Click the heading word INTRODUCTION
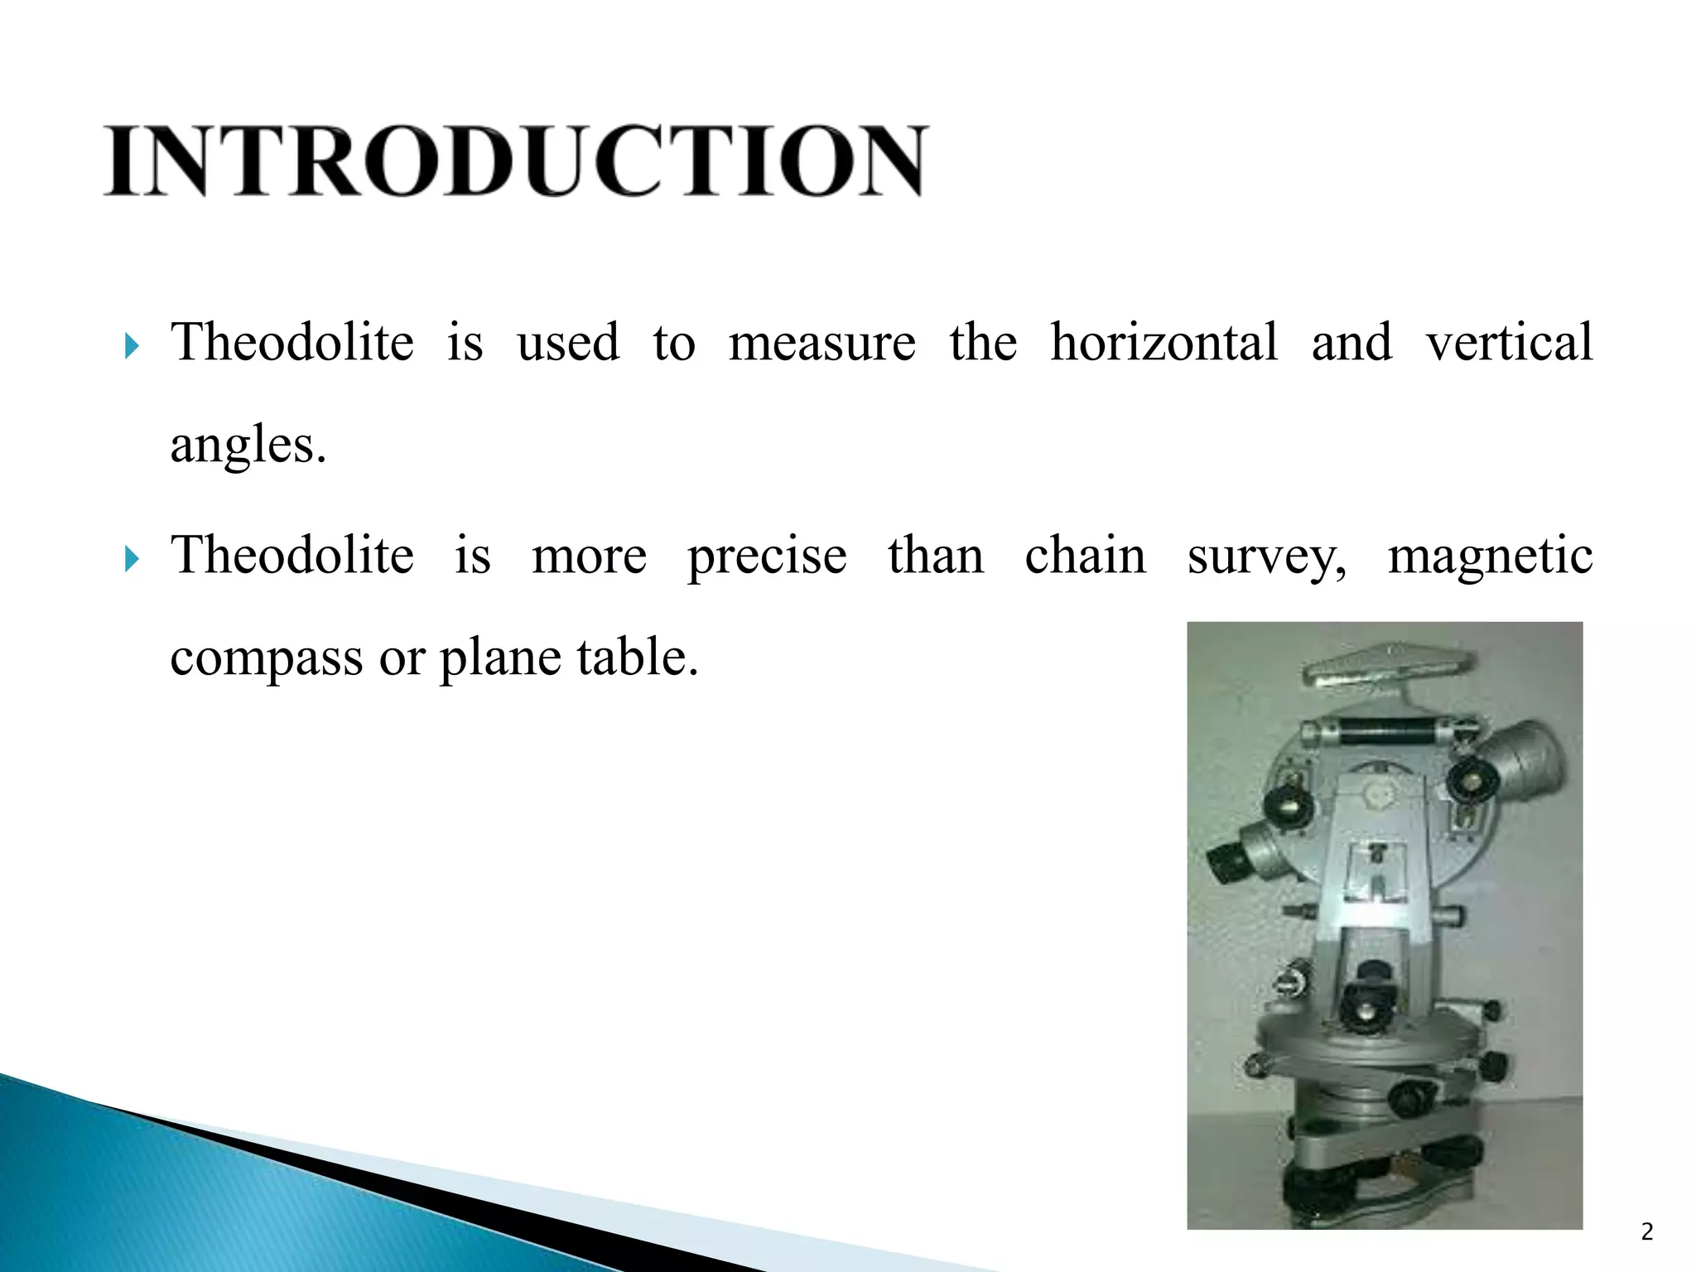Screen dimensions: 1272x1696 click(x=515, y=161)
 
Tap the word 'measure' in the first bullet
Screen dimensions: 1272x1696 click(x=821, y=343)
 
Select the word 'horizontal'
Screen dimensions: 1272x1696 click(x=1164, y=343)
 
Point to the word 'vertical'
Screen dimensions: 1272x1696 click(x=1509, y=343)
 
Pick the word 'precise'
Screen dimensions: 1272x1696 click(x=767, y=556)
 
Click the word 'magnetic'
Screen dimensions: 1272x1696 click(x=1490, y=556)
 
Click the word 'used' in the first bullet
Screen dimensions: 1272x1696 click(x=568, y=343)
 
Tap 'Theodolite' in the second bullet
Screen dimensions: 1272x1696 click(x=291, y=555)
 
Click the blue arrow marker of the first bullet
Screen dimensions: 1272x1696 click(x=131, y=346)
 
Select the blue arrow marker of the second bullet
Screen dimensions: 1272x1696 click(x=131, y=559)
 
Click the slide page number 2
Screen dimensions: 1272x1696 click(x=1646, y=1232)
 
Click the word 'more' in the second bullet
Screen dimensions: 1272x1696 click(x=589, y=556)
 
